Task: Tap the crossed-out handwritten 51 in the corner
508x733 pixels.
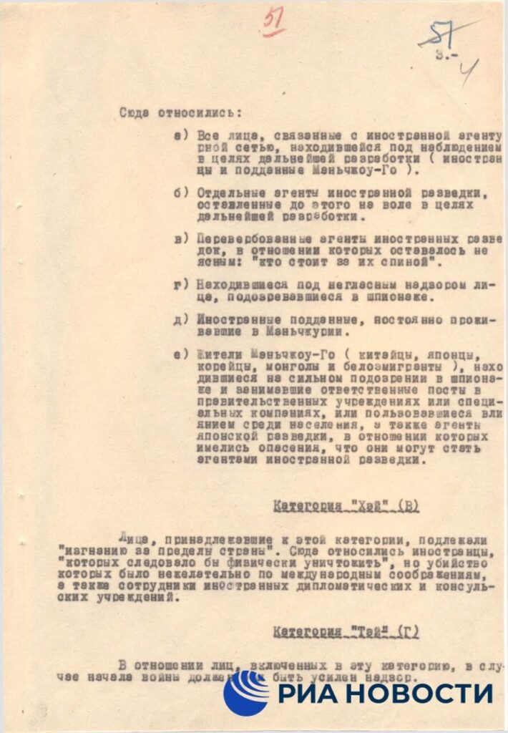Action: (x=438, y=34)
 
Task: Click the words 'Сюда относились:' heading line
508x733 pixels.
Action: (x=180, y=112)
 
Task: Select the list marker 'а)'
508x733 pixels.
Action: (x=181, y=135)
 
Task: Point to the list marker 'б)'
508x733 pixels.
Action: (x=181, y=193)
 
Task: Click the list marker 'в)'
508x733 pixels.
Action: (x=181, y=239)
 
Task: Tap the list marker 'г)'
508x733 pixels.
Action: (x=181, y=285)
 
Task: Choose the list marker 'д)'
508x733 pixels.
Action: (x=181, y=319)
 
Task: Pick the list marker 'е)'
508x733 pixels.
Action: (x=181, y=354)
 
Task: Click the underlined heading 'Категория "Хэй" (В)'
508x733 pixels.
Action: (x=346, y=507)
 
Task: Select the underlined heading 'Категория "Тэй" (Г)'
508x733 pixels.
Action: (x=346, y=633)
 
